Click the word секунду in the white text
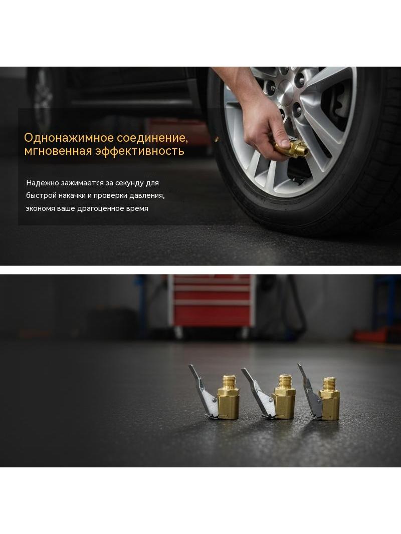pyautogui.click(x=129, y=183)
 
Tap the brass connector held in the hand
pyautogui.click(x=292, y=147)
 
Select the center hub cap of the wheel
pyautogui.click(x=285, y=92)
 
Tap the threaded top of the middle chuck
pyautogui.click(x=285, y=380)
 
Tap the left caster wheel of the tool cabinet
pyautogui.click(x=178, y=333)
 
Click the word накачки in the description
pyautogui.click(x=75, y=196)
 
